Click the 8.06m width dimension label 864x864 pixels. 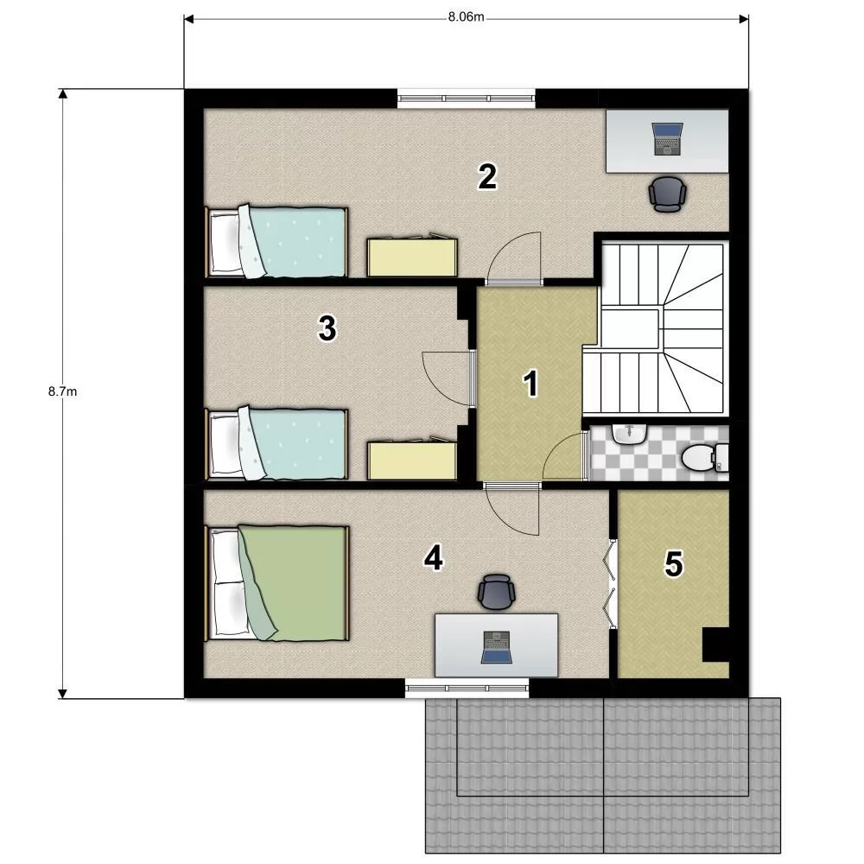(466, 16)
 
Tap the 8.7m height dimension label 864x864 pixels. (62, 391)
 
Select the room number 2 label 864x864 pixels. (487, 176)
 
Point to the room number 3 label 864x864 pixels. (327, 328)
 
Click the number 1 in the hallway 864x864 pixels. (530, 384)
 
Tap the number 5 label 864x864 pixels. (673, 563)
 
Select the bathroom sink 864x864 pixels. (629, 434)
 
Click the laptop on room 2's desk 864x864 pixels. (667, 138)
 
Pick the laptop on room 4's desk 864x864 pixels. (497, 647)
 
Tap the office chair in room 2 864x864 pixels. (667, 194)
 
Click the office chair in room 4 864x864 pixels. (497, 592)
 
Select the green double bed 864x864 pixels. (277, 583)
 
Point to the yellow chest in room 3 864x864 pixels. (412, 460)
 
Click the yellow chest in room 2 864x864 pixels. (412, 256)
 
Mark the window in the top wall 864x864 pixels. (467, 98)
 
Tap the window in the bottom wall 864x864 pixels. (467, 688)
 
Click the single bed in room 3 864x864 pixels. (276, 443)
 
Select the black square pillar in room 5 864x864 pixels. (715, 645)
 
